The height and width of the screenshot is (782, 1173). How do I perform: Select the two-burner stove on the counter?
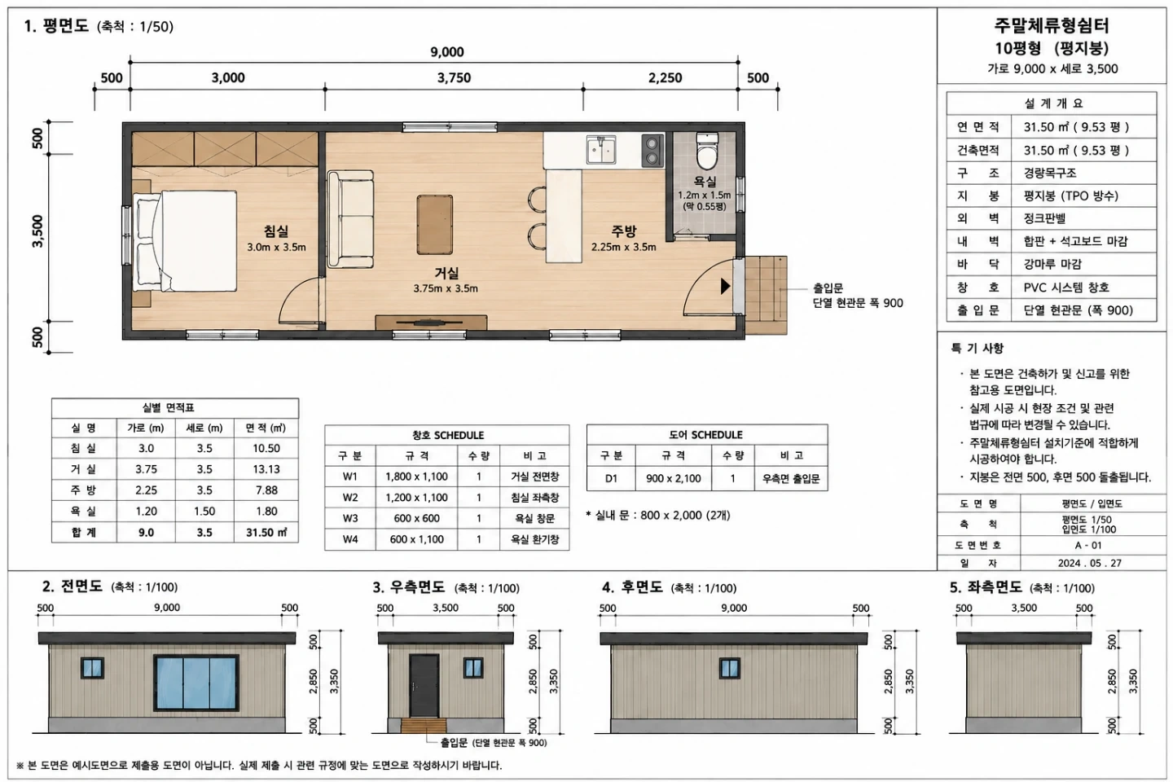pos(652,150)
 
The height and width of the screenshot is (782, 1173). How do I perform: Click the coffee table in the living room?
pos(435,225)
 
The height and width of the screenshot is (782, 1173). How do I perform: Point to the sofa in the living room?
pos(350,219)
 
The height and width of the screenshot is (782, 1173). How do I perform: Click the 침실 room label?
pos(276,231)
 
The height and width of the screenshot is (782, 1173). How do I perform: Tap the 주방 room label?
pos(624,231)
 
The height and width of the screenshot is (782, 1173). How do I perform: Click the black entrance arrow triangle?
pos(725,286)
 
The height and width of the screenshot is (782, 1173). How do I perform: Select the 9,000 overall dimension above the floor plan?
pos(447,52)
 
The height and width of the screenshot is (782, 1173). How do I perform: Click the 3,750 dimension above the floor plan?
pos(454,78)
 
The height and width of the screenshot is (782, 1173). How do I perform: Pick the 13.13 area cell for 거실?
pos(266,469)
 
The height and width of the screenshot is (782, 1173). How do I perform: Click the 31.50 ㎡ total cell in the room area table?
pos(266,533)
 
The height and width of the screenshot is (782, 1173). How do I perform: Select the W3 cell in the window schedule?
pos(349,519)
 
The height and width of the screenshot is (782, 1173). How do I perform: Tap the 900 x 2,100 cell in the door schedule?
pos(674,479)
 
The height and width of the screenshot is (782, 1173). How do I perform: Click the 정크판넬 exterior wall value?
pos(1044,218)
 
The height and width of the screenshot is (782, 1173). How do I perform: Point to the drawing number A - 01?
pos(1088,545)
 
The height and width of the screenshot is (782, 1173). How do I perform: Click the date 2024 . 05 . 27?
pos(1089,563)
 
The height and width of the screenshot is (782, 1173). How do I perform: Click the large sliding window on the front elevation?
pos(196,683)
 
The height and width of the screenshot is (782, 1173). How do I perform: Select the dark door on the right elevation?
pos(424,686)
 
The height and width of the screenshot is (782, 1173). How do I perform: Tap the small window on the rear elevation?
pos(730,668)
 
